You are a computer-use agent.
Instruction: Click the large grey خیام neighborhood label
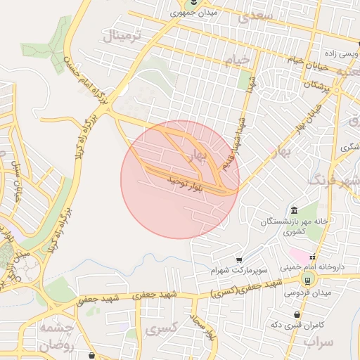(x=236, y=60)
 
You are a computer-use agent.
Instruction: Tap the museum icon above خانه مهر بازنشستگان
(x=294, y=211)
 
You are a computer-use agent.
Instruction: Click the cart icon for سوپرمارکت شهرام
(x=239, y=259)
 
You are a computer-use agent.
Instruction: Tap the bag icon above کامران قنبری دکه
(x=298, y=315)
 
